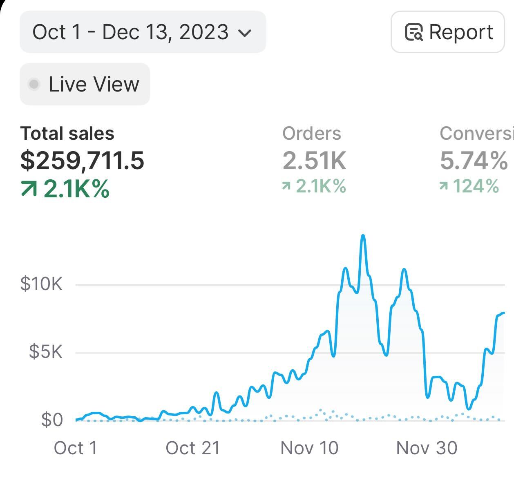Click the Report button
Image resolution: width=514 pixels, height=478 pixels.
[x=448, y=32]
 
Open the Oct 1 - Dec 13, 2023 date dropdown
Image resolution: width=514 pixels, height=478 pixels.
[x=143, y=32]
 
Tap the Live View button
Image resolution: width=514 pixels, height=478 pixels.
[x=85, y=84]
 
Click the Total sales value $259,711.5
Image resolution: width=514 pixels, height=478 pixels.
[x=82, y=160]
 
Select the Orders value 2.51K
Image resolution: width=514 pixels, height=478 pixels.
[x=314, y=160]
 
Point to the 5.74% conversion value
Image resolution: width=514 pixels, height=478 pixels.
[x=474, y=160]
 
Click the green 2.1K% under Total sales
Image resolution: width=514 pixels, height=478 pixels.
[x=65, y=189]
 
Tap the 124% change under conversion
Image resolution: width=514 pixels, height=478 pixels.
[x=469, y=186]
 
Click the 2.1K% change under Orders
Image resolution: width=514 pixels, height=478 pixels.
[x=314, y=186]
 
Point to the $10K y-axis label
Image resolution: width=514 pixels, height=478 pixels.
[x=41, y=284]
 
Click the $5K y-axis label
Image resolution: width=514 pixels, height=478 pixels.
[x=45, y=351]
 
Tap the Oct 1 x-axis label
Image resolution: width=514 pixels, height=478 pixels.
[x=76, y=448]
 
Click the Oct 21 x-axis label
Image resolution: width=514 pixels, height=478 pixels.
[x=193, y=448]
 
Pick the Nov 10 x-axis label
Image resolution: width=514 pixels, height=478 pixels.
[x=309, y=448]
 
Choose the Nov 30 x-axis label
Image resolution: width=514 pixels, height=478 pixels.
[x=427, y=448]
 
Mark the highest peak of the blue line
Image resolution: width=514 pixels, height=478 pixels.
[x=363, y=236]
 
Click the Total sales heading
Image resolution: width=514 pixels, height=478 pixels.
[x=67, y=134]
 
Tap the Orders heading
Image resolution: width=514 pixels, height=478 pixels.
[x=311, y=134]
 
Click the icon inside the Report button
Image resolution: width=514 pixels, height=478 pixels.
[x=413, y=32]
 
